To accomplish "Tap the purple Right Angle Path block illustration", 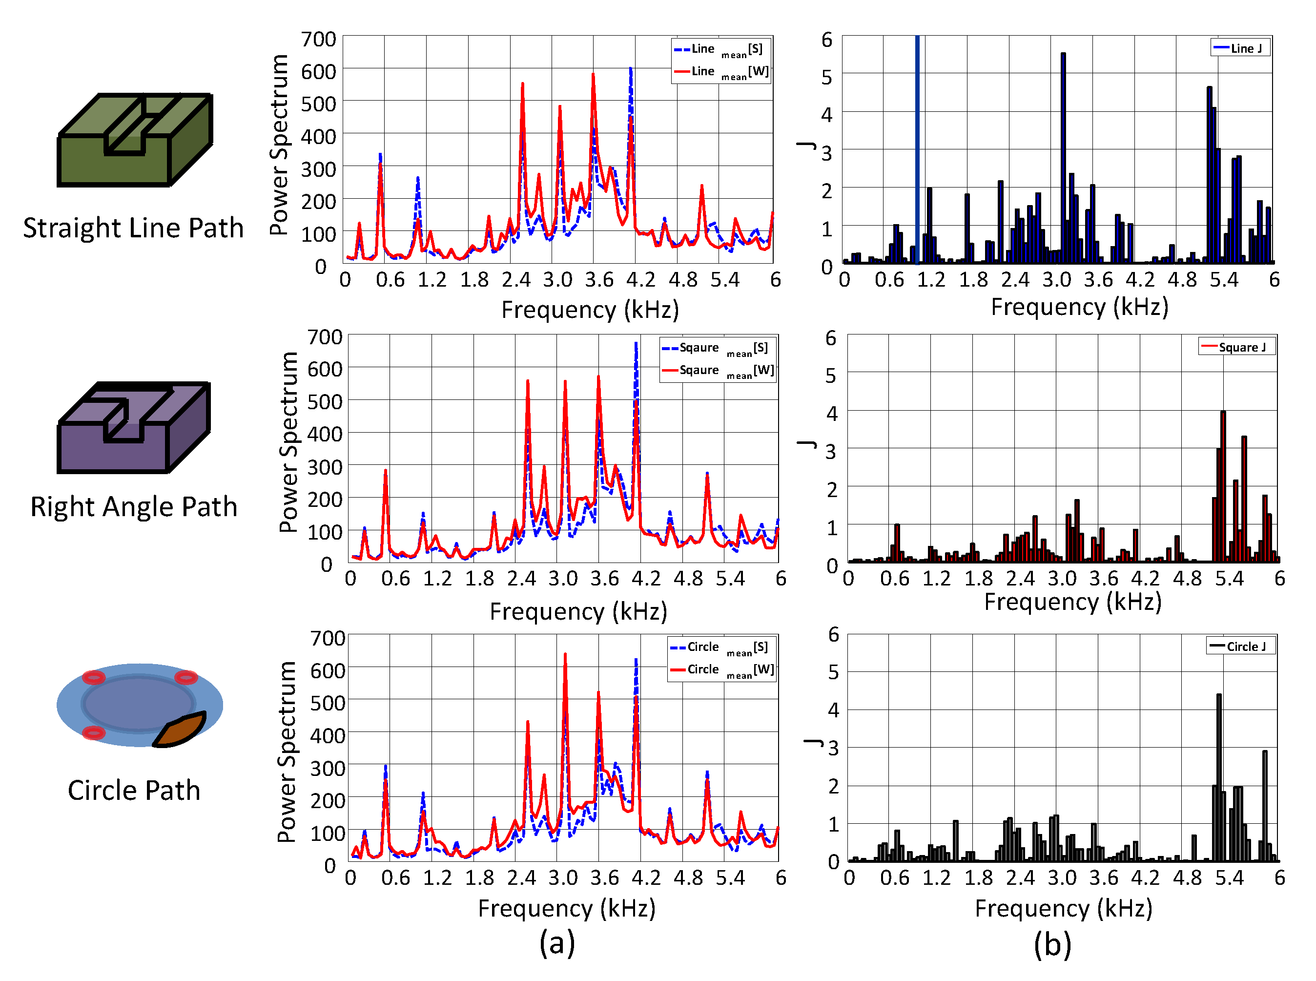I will (134, 428).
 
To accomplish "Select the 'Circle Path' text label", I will (134, 791).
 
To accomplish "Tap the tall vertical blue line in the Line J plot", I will (917, 148).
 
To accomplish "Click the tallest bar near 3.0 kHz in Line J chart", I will (1063, 154).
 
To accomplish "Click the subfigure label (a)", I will (557, 943).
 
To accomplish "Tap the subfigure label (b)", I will (1052, 944).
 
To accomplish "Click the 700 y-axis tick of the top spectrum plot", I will (319, 39).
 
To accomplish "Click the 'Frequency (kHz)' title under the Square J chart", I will (1072, 602).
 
